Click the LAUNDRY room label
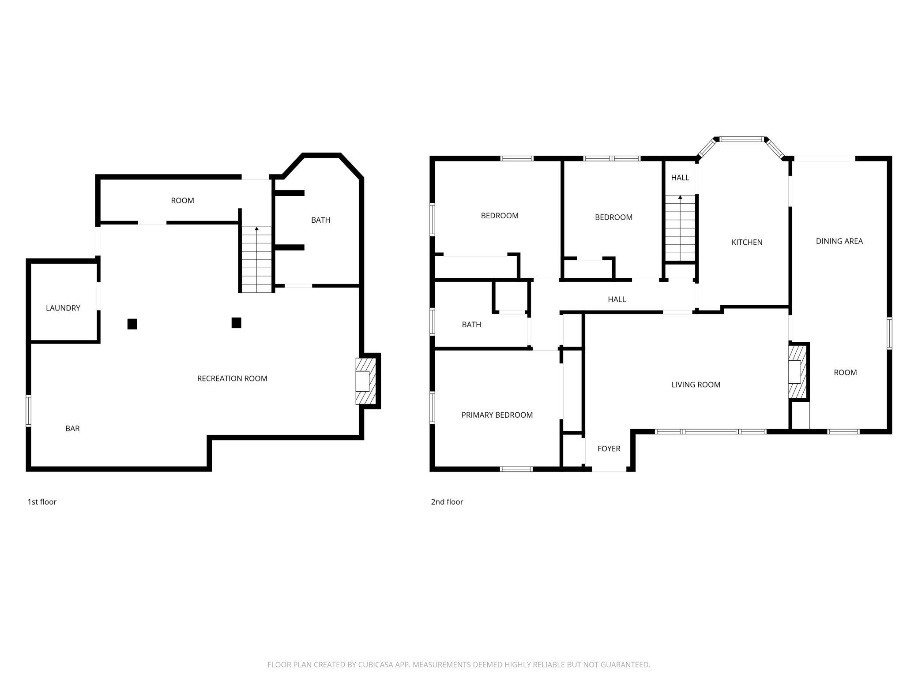click(63, 308)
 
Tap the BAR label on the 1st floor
click(72, 428)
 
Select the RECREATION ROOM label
click(232, 378)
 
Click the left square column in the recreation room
click(132, 324)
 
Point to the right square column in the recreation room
click(236, 323)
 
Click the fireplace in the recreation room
click(366, 381)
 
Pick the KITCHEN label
click(747, 242)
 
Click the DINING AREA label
click(839, 241)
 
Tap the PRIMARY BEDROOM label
click(497, 415)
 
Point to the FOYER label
click(609, 449)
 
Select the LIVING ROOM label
click(696, 385)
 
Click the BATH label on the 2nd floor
click(471, 325)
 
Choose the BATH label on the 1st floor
click(320, 220)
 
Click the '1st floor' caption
click(42, 502)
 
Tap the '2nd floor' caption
click(447, 502)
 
